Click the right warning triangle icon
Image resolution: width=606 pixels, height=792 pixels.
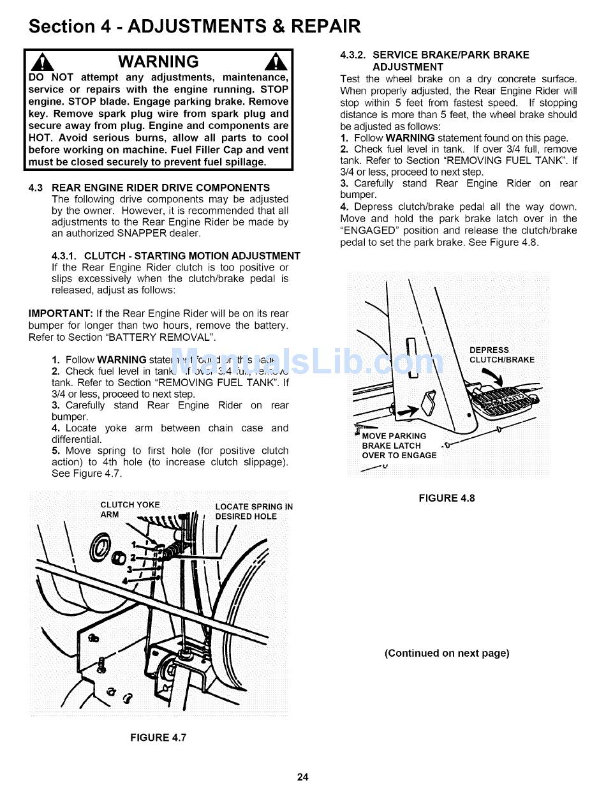click(x=277, y=62)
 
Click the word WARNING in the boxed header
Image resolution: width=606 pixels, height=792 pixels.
click(x=159, y=62)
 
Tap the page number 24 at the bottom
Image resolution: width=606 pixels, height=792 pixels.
click(x=303, y=777)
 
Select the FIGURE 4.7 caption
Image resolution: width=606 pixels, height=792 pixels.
click(x=158, y=738)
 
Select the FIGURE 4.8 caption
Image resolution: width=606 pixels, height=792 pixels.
click(x=447, y=498)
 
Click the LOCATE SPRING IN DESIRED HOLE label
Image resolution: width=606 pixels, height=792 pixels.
click(x=254, y=512)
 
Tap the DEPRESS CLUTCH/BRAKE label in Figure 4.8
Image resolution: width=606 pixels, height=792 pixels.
click(x=501, y=355)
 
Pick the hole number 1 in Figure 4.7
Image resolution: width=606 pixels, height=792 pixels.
click(x=134, y=544)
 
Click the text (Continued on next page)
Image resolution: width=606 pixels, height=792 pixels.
click(x=447, y=653)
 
